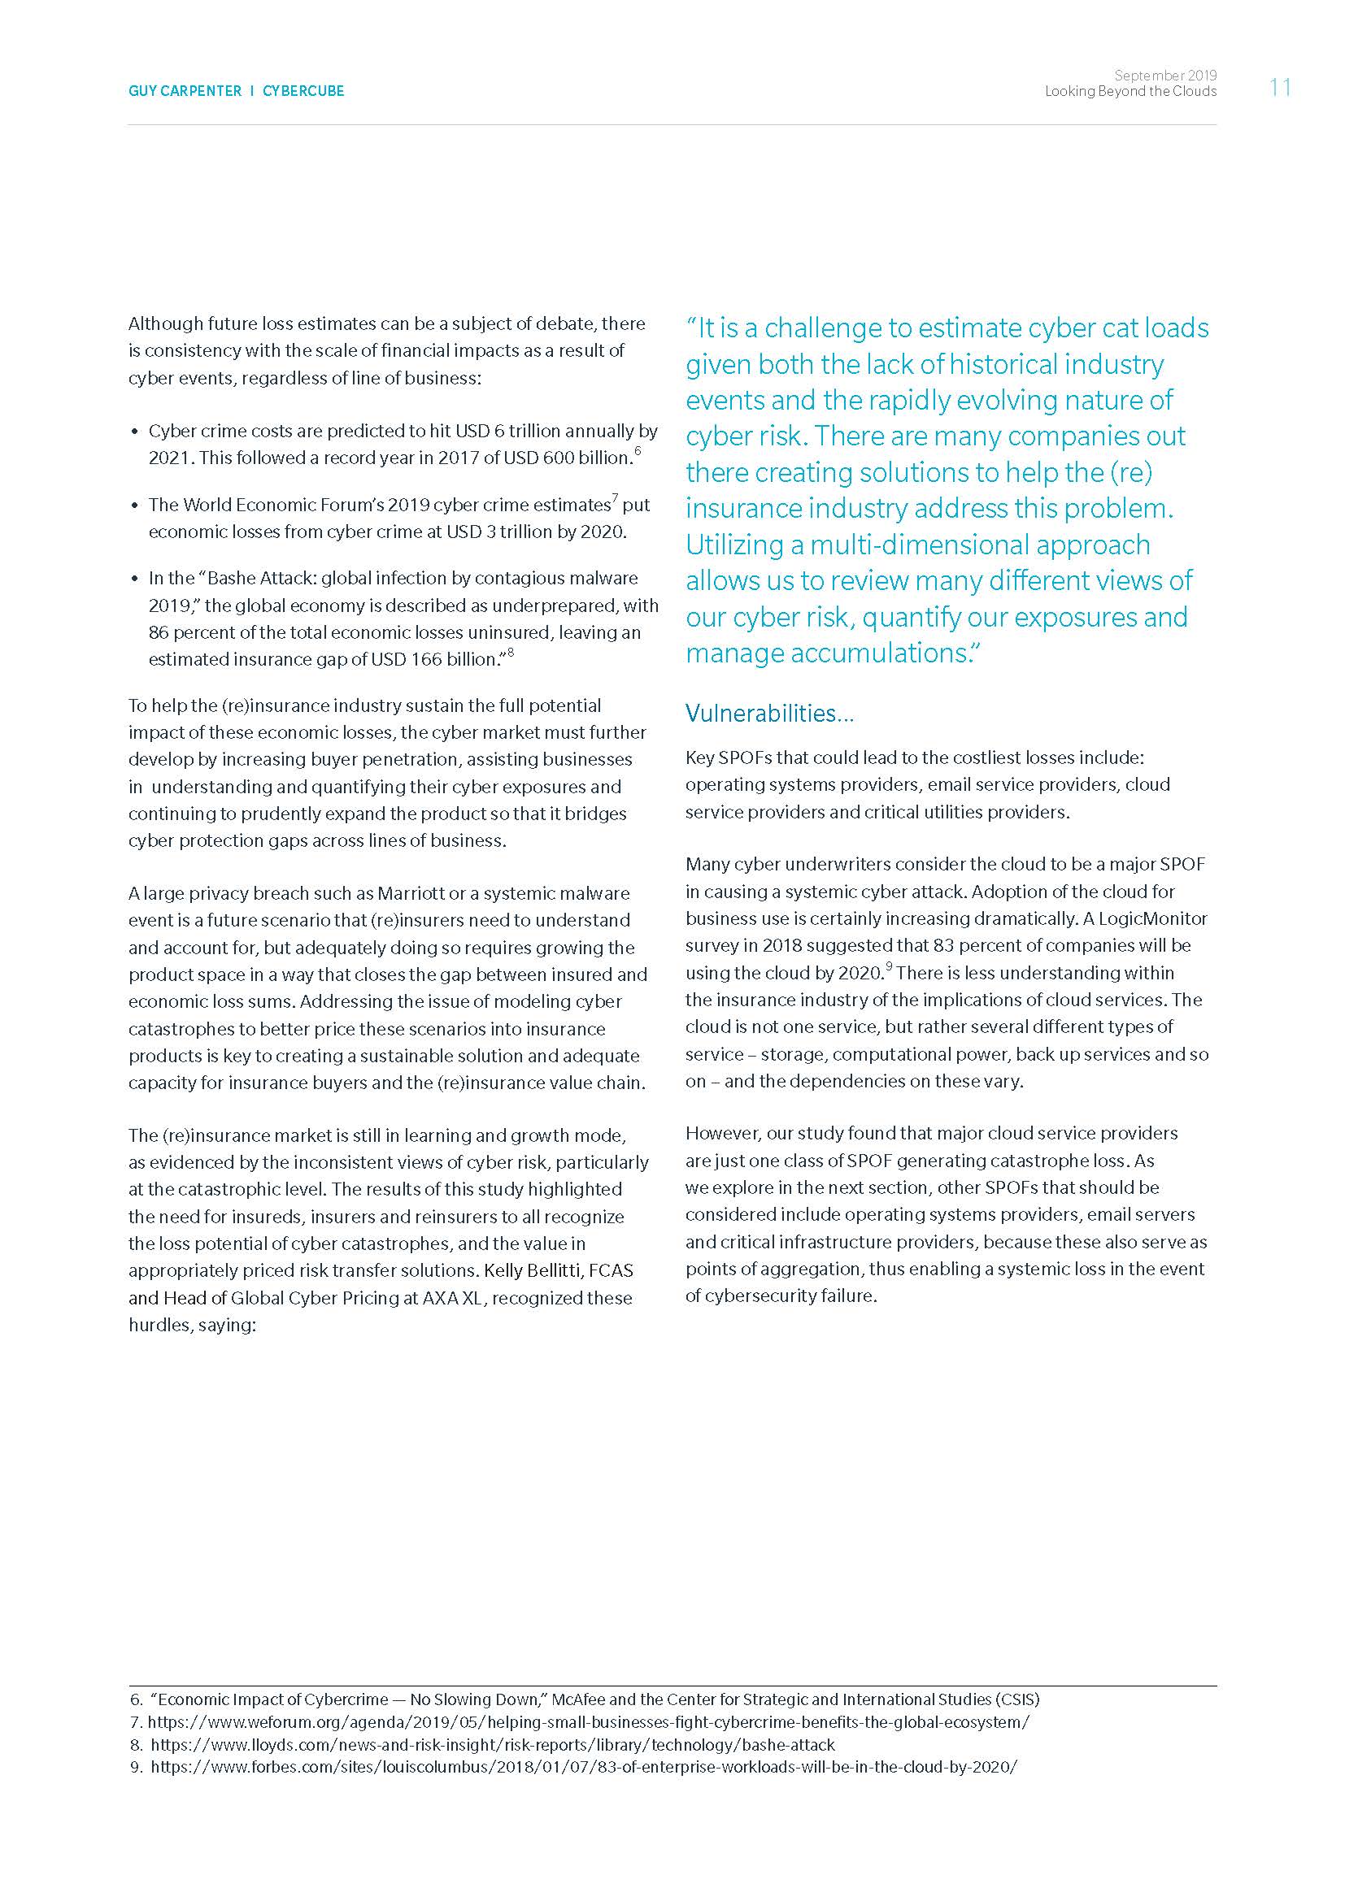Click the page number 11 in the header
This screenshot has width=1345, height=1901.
click(1280, 88)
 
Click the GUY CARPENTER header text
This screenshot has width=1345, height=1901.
click(185, 91)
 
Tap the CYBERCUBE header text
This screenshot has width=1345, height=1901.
click(303, 91)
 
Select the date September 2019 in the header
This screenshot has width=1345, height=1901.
click(1165, 76)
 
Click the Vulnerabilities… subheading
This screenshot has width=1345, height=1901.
click(769, 713)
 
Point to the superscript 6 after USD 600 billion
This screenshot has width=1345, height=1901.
click(638, 451)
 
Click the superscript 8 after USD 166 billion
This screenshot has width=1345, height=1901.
click(511, 653)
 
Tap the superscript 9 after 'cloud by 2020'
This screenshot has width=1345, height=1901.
click(889, 965)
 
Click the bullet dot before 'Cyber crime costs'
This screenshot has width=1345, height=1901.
click(136, 432)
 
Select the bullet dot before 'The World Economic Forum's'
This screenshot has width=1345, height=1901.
click(136, 506)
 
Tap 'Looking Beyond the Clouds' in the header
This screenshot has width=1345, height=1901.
click(1130, 91)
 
